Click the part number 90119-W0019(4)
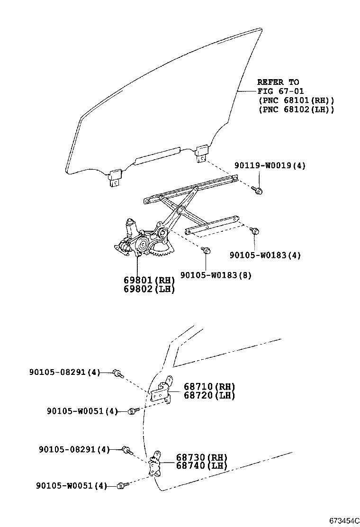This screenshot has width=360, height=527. (270, 165)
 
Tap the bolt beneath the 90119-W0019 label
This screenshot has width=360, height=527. (257, 190)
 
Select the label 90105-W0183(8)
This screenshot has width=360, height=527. (216, 275)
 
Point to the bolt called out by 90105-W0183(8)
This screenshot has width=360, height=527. (206, 250)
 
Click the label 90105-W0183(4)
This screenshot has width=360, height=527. (265, 255)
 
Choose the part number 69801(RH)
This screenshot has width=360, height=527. (149, 280)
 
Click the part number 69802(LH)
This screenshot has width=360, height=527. (149, 289)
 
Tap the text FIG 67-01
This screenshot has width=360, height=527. (280, 91)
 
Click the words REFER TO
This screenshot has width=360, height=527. (278, 82)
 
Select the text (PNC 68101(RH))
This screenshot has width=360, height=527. (297, 100)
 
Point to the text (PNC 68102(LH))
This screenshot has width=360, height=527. (297, 109)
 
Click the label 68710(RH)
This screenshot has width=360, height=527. (209, 387)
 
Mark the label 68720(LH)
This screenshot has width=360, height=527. (209, 395)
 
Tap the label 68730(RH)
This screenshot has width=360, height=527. (202, 457)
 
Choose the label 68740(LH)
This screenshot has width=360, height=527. (202, 465)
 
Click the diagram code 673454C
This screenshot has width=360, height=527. (343, 521)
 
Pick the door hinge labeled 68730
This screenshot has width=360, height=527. (154, 464)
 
